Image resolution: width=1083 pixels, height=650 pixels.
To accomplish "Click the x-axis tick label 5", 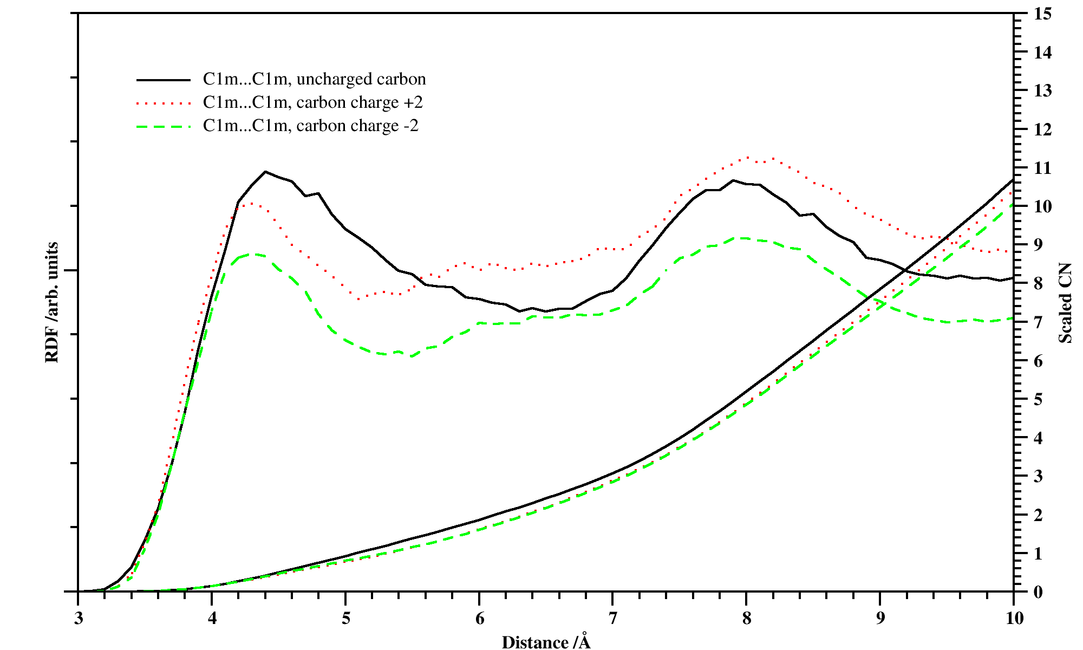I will [345, 619].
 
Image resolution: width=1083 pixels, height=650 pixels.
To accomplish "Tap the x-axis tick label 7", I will [612, 619].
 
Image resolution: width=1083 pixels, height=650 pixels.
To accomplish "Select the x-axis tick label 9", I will [880, 619].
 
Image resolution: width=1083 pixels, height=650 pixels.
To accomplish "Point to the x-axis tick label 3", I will [79, 619].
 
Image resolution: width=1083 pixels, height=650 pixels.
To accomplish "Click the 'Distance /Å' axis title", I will [546, 642].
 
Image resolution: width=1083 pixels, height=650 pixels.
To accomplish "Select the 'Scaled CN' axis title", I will [1065, 303].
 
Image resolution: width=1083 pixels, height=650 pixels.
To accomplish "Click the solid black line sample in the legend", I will [164, 80].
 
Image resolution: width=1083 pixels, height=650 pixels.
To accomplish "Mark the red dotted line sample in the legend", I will [164, 103].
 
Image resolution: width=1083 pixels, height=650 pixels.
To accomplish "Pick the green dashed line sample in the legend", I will [164, 126].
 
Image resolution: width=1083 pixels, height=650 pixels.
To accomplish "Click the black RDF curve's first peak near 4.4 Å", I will [265, 172].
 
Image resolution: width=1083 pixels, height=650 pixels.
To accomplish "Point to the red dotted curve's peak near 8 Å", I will [747, 158].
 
